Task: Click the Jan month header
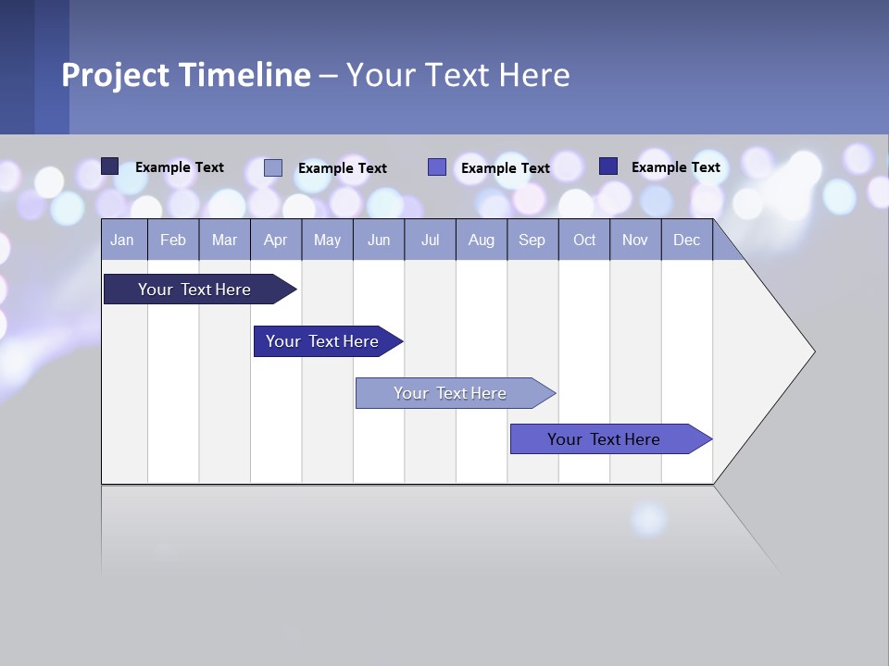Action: pyautogui.click(x=122, y=240)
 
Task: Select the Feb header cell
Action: pyautogui.click(x=173, y=240)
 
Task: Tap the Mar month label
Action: pyautogui.click(x=224, y=240)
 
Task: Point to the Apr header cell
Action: pyautogui.click(x=276, y=240)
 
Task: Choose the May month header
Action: pyautogui.click(x=327, y=240)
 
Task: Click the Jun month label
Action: pyautogui.click(x=379, y=240)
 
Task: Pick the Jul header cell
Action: pyautogui.click(x=430, y=240)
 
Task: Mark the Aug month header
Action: pyautogui.click(x=482, y=240)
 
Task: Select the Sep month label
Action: pyautogui.click(x=532, y=240)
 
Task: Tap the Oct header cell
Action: pyautogui.click(x=584, y=240)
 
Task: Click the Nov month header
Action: pyautogui.click(x=635, y=240)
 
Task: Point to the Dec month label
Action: pyautogui.click(x=687, y=240)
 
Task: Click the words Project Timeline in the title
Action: pyautogui.click(x=185, y=75)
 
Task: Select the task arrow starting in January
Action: pyautogui.click(x=194, y=290)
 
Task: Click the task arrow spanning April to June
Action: pyautogui.click(x=322, y=341)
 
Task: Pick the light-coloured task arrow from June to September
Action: pyautogui.click(x=450, y=393)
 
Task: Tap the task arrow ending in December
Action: pyautogui.click(x=604, y=439)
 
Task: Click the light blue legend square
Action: pyautogui.click(x=273, y=167)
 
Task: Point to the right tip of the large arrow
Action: pyautogui.click(x=812, y=351)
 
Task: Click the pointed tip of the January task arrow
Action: pyautogui.click(x=294, y=290)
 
